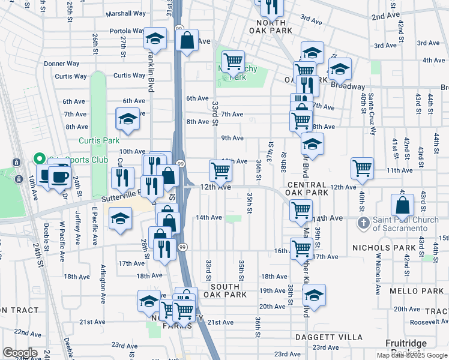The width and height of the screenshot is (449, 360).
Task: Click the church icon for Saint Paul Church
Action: pos(363,223)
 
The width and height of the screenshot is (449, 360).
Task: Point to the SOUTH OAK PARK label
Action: pos(224,290)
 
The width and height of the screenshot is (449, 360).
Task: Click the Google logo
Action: pos(20,353)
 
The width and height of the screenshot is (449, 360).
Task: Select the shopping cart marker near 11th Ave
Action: pos(363,169)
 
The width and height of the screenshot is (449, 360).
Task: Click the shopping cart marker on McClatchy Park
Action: pos(233,61)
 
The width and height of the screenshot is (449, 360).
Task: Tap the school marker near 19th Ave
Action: pos(314,295)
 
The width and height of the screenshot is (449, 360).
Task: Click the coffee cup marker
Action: pos(59,176)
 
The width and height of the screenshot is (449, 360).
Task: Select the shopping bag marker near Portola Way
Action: pos(187,41)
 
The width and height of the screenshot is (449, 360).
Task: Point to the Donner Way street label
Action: pos(62,64)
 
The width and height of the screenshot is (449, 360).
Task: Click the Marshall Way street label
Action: pos(125,13)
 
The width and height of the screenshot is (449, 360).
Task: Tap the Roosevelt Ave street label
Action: pos(430,321)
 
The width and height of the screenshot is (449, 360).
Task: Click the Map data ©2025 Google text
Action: pos(411,355)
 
